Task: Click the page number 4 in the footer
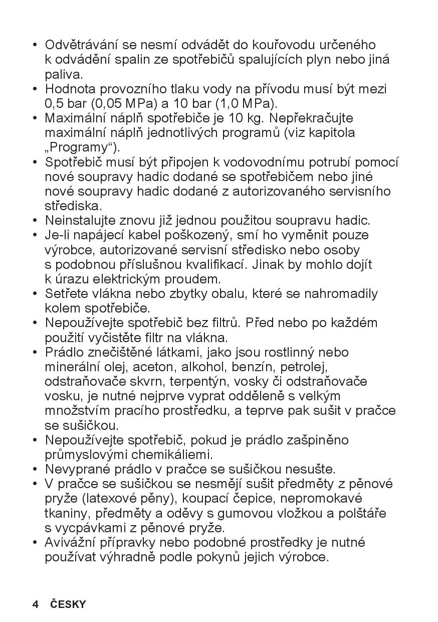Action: (x=35, y=604)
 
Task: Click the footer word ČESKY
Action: (x=68, y=604)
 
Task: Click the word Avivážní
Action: (x=73, y=542)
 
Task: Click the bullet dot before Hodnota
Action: (x=35, y=89)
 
